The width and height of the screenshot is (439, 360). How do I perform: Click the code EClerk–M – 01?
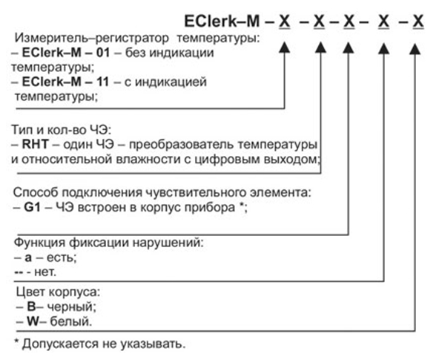66,53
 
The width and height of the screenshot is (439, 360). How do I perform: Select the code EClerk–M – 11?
65,82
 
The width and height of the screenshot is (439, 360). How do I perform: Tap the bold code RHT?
36,145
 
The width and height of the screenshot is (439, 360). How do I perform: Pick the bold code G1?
33,208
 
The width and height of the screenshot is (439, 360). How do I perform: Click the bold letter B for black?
32,307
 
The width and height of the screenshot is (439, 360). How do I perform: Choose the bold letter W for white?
33,321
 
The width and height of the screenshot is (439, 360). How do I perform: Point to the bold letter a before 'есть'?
28,258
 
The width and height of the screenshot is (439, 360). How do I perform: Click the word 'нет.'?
45,272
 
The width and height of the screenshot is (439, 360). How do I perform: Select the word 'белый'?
71,321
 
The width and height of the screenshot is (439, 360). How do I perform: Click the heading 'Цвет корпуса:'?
58,292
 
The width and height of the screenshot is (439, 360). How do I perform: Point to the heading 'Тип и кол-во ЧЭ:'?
62,130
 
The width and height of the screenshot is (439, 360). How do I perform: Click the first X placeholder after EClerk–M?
285,22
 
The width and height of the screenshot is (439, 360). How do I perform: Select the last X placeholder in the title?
418,22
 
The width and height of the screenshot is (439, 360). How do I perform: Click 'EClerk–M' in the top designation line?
222,22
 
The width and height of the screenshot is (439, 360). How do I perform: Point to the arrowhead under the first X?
285,48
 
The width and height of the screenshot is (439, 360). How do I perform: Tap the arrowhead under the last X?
415,49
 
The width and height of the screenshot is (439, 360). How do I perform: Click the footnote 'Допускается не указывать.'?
104,344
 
